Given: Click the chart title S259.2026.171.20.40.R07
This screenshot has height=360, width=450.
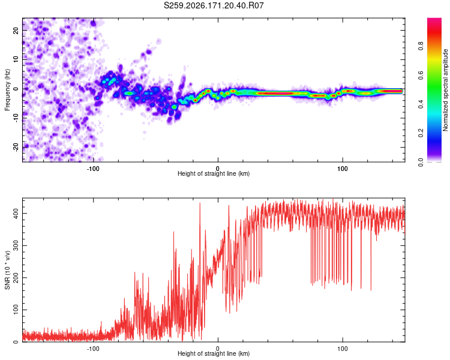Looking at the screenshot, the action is point(214,5).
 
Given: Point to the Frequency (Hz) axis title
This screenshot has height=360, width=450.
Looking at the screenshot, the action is point(7,90).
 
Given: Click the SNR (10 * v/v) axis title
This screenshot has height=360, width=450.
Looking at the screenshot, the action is point(7,270).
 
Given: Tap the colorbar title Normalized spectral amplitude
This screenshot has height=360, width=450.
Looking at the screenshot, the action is point(445,90).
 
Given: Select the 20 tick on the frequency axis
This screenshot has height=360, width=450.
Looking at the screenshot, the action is point(16,30).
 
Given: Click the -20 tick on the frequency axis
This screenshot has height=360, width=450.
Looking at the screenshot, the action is point(16,147).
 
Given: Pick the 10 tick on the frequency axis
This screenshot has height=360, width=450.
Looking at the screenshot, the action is point(16,59).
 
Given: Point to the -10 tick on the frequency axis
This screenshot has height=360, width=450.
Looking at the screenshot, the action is point(16,118).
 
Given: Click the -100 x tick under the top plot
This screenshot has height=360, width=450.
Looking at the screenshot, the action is point(93,169).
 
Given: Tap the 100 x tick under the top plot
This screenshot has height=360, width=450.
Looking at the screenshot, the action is point(343,169).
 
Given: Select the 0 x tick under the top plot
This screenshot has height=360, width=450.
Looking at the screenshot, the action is point(218,169).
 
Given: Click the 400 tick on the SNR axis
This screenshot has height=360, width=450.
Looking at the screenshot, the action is point(16,214).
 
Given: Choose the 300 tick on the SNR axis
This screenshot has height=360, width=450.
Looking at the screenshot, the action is point(16,246).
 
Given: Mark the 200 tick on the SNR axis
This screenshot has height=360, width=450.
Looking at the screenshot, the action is point(16,278).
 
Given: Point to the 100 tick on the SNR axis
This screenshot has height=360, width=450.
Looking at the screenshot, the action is point(16,310).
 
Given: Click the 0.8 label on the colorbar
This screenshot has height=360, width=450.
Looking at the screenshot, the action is point(421,46).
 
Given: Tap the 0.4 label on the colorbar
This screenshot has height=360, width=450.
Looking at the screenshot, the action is point(421,104).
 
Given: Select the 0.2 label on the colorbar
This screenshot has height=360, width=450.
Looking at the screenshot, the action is point(421,133).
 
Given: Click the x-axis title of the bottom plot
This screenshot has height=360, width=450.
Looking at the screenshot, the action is point(214,353).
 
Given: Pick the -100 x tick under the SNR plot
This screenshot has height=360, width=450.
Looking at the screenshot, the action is point(93,349).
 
